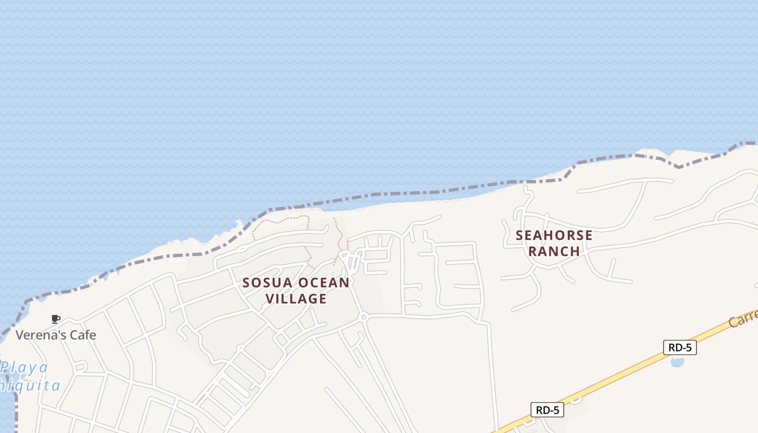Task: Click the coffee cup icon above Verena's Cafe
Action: pos(55,319)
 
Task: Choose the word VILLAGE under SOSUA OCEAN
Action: pos(296,299)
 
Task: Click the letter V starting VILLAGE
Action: pos(270,299)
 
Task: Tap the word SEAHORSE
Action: pos(554,235)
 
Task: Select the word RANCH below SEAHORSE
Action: pos(554,251)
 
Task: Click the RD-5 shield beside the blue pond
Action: pos(679,347)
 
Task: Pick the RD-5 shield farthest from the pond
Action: pos(547,410)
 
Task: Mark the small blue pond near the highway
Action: pos(677,362)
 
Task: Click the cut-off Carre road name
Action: pos(743,318)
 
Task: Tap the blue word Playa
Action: pos(25,368)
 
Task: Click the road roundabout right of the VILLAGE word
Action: pos(364,317)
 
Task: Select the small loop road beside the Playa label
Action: pos(80,367)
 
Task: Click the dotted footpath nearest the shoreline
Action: pos(282,220)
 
